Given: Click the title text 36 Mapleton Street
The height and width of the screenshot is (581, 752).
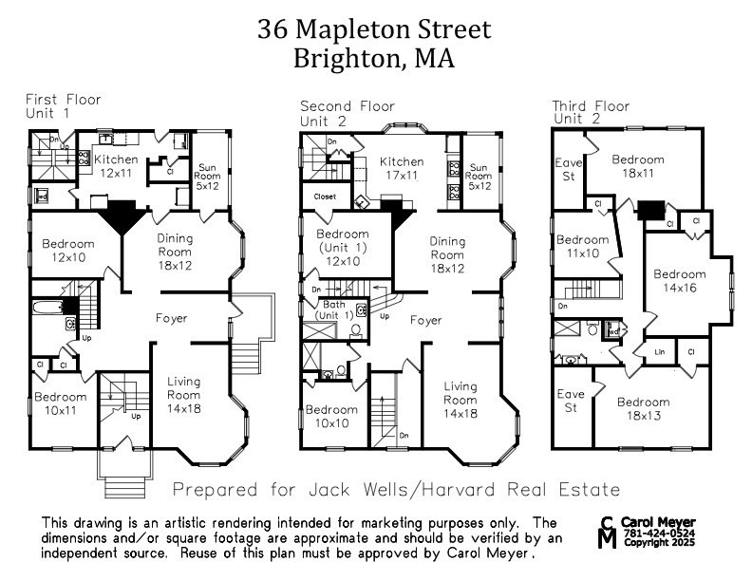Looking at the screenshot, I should (374, 28).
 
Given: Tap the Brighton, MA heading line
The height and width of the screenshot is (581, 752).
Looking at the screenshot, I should (374, 59).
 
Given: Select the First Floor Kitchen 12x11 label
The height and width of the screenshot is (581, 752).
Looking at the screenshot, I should (114, 166).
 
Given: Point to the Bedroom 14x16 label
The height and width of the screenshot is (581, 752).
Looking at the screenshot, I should (680, 281).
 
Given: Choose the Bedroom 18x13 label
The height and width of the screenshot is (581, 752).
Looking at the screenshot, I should (642, 408).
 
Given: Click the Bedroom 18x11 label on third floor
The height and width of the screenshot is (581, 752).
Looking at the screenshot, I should (637, 166).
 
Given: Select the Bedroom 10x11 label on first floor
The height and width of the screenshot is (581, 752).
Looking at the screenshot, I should (60, 403).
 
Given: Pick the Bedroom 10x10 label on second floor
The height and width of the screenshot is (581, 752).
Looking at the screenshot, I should (331, 417).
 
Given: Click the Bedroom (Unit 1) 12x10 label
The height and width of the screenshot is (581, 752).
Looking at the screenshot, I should (342, 248).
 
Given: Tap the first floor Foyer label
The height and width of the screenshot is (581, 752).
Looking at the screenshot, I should (171, 318).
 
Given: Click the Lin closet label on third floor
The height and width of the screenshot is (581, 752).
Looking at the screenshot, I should (658, 351).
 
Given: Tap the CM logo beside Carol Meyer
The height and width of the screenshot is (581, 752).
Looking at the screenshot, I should (608, 533).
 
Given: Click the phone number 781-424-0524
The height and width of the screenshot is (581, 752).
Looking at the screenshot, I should (659, 534).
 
